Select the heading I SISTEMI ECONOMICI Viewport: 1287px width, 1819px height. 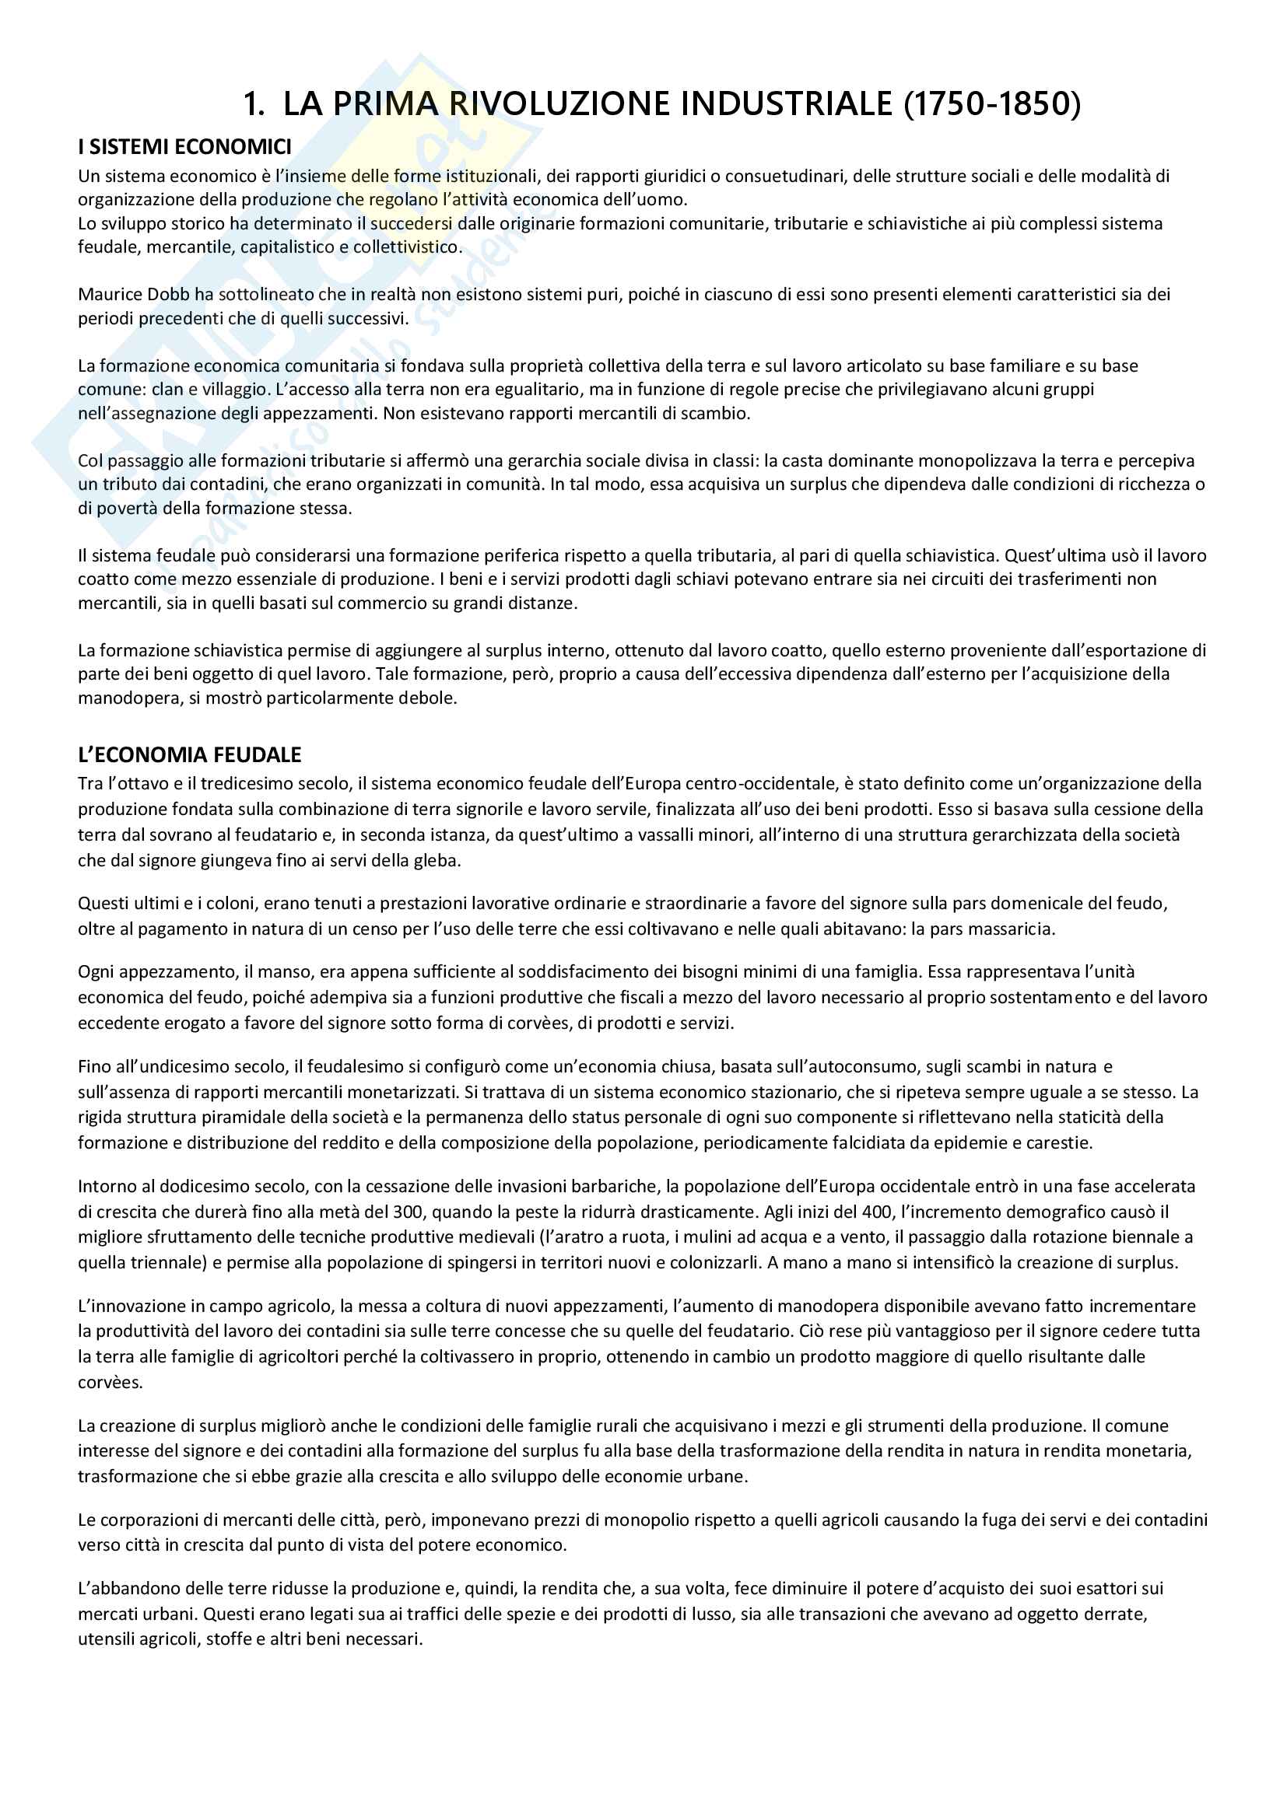click(x=184, y=147)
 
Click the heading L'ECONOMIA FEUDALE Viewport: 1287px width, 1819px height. click(x=189, y=754)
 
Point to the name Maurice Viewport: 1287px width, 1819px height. click(x=111, y=295)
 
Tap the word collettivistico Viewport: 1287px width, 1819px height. click(x=406, y=247)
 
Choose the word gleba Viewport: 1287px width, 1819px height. click(x=437, y=860)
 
